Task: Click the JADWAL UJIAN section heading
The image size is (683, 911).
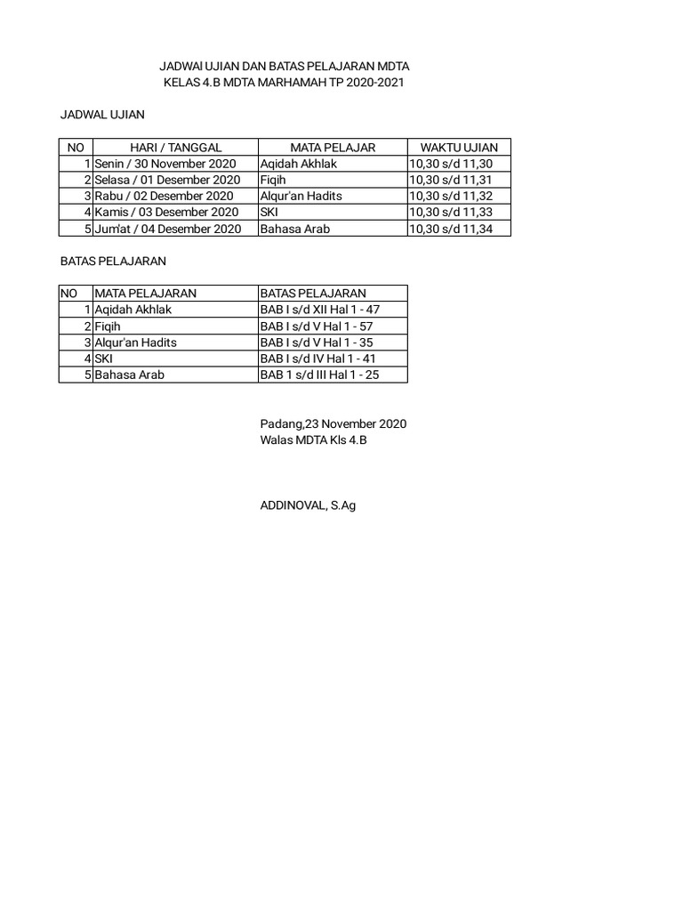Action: coord(102,115)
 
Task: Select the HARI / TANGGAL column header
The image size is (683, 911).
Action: coord(175,148)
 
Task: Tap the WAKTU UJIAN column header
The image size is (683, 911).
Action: coord(459,148)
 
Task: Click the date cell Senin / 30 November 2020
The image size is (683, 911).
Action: coord(168,164)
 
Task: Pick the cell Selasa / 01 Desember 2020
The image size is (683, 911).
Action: coord(167,180)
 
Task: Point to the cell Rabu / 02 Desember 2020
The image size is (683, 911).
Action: coord(164,196)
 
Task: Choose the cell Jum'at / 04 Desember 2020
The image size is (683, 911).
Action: coord(168,229)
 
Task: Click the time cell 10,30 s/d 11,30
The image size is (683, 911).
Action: coord(451,164)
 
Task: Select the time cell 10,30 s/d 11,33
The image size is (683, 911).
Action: coord(451,213)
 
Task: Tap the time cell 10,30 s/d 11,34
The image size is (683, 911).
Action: coord(451,229)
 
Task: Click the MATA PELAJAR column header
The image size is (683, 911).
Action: coord(333,148)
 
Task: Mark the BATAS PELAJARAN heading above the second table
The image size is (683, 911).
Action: coord(113,262)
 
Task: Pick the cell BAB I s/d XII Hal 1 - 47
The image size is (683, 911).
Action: coord(321,310)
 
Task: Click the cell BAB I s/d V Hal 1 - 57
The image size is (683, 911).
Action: coord(316,327)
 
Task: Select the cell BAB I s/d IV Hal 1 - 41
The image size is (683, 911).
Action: coord(317,359)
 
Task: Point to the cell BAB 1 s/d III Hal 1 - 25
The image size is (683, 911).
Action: coord(319,375)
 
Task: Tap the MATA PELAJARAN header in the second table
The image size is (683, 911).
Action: coord(146,294)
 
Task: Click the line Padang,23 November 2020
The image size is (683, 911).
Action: coord(333,424)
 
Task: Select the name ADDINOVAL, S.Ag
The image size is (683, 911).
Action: coord(308,506)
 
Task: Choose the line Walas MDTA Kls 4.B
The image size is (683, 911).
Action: coord(313,440)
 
